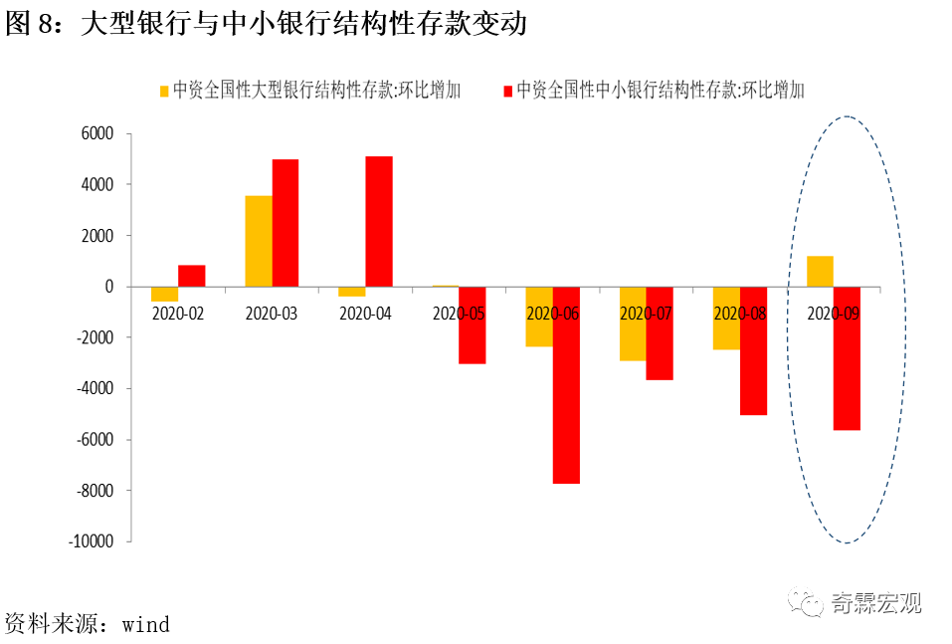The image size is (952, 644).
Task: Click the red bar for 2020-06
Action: click(x=566, y=385)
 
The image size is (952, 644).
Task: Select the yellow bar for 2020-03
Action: click(x=259, y=241)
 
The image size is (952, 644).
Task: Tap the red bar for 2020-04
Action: click(x=379, y=221)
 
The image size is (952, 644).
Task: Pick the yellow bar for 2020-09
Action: click(x=821, y=272)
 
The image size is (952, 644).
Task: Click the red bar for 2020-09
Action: click(x=847, y=358)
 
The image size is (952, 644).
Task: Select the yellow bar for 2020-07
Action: click(x=633, y=323)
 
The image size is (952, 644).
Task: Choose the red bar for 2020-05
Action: click(x=473, y=325)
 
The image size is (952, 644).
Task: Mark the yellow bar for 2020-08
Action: click(x=726, y=319)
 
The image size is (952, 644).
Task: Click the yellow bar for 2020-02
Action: click(x=165, y=294)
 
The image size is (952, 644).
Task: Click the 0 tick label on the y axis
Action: click(x=109, y=287)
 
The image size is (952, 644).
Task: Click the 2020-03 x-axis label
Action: click(x=272, y=313)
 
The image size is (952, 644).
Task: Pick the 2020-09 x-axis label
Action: click(x=834, y=313)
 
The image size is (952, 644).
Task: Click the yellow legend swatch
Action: click(x=165, y=91)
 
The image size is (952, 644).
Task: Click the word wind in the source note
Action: click(x=145, y=625)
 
